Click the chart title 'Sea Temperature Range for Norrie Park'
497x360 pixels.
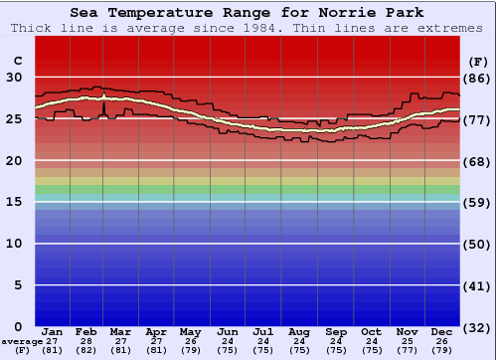pos(248,13)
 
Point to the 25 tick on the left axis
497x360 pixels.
pos(16,119)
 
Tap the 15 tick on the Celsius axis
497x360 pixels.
pos(16,202)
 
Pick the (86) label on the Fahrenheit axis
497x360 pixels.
pos(477,78)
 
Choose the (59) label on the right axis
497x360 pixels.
pos(477,203)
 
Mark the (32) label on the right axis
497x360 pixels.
pos(477,327)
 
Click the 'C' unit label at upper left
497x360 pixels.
pos(16,61)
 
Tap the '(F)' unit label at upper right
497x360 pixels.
pos(477,61)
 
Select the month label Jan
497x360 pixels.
pos(53,331)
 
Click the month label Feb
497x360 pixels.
pos(87,331)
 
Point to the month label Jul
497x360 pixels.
pos(263,331)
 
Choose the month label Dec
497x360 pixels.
pos(442,331)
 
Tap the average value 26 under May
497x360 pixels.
pos(191,341)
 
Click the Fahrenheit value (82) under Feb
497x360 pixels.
pos(87,350)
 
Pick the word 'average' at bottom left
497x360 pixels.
pos(22,341)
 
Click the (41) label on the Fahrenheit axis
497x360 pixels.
pos(477,285)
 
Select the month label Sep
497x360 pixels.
pos(336,331)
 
